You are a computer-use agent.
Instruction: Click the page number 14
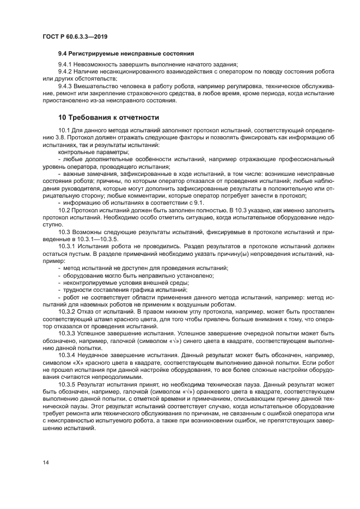click(45, 462)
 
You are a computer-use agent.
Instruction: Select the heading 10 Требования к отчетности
click(108, 117)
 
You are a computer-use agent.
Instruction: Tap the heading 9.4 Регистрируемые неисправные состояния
click(126, 53)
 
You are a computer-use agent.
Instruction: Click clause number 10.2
click(64, 210)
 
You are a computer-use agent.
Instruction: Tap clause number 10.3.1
click(66, 247)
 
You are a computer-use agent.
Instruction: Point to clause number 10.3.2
click(66, 312)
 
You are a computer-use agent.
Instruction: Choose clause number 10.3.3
click(66, 333)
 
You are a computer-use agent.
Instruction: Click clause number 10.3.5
click(66, 384)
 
